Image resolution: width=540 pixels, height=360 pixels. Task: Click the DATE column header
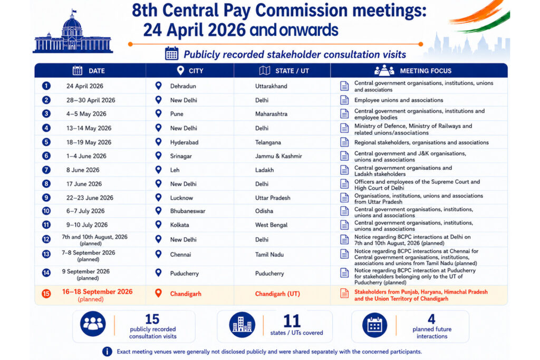pos(97,71)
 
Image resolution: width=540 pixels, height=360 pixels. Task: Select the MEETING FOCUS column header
pos(426,71)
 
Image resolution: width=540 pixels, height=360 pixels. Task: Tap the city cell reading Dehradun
pos(183,86)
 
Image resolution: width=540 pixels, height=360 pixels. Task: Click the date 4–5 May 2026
pos(86,114)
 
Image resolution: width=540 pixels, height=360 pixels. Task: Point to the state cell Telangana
pos(268,142)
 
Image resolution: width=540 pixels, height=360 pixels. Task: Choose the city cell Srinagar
pos(181,156)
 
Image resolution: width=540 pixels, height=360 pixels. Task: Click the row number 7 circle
pos(46,170)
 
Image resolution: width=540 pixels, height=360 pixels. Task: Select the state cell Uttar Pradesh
pos(273,198)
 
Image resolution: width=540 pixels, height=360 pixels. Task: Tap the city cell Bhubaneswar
pos(188,211)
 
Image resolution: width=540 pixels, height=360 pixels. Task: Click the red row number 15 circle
pos(46,294)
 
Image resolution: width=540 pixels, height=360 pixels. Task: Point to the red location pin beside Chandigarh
pos(158,293)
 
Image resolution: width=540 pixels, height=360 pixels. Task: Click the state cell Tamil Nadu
pos(269,255)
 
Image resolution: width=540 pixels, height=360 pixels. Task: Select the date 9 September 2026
pos(86,271)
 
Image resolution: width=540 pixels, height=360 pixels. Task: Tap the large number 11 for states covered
pos(292,321)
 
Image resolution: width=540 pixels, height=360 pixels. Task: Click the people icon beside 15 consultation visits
pos(93,324)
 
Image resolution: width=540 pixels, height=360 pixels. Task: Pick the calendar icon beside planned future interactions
pos(375,325)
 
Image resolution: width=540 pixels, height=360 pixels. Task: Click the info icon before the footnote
pos(107,352)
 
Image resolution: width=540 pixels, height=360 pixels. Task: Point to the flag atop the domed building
pos(74,12)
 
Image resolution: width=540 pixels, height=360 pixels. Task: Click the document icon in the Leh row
pos(344,170)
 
